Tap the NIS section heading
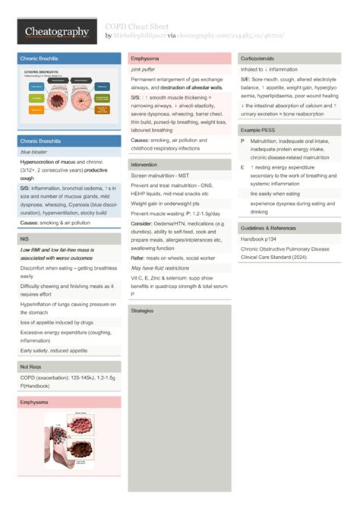(x=25, y=239)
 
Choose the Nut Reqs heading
(x=32, y=367)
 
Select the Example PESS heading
(x=259, y=131)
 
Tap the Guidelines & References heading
(x=268, y=228)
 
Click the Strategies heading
(x=142, y=311)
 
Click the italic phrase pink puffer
(x=143, y=69)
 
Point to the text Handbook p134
(x=258, y=239)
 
